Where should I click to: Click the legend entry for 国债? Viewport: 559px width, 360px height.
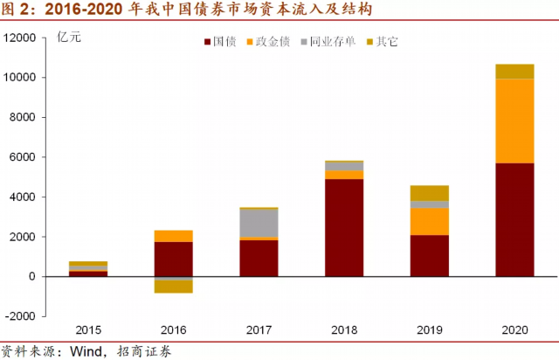(x=222, y=41)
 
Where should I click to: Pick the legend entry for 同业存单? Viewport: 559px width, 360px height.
(x=328, y=41)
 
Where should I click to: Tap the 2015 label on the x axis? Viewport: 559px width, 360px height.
(x=88, y=330)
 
